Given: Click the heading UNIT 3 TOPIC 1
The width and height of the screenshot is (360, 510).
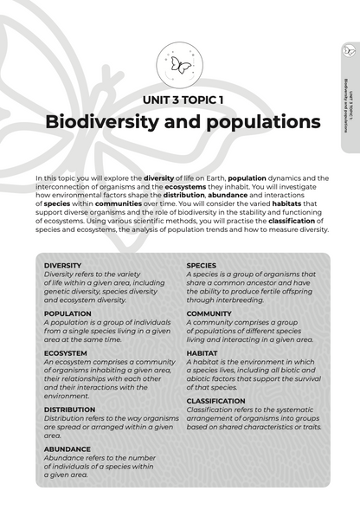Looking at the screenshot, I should coord(180,100).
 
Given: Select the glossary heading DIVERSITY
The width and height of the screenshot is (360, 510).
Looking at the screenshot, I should coord(62,266).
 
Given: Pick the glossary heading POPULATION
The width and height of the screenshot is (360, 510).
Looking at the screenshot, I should coord(67,313).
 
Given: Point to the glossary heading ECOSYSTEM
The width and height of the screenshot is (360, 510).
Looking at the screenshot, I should coord(65,353).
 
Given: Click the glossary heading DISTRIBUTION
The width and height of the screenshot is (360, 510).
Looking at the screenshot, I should coord(69,410).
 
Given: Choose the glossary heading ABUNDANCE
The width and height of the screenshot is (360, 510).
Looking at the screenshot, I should coord(67,449).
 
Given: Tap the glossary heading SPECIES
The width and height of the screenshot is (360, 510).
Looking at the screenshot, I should coord(202,266).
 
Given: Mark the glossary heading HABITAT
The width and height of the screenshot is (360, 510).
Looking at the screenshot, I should coord(202,353).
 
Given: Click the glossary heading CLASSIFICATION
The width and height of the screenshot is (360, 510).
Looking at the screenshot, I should coord(216,401).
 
